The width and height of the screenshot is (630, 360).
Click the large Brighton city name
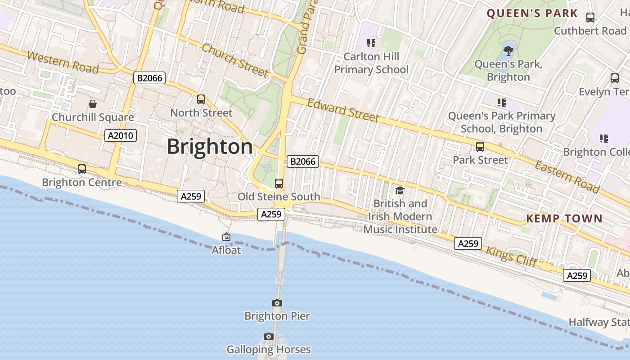[210, 147]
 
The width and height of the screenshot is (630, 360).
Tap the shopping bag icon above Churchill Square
[93, 104]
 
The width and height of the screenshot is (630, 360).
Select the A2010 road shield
[121, 135]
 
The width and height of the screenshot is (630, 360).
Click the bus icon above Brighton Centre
[82, 169]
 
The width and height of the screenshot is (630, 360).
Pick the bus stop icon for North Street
[201, 99]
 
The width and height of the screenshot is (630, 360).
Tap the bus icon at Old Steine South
[279, 184]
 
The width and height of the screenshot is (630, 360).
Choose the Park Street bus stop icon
[480, 147]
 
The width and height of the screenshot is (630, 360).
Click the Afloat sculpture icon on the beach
[226, 237]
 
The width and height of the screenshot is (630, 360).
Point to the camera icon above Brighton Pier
[277, 303]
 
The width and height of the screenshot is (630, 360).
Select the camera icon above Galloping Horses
[269, 337]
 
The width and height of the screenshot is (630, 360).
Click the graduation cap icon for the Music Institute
[400, 191]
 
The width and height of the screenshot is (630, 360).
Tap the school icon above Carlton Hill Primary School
[371, 43]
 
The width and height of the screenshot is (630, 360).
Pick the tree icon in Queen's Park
[508, 50]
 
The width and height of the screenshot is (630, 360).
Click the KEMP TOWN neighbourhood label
[564, 219]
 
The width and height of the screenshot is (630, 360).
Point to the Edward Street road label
[343, 110]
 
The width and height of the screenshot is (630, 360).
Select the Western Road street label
[63, 62]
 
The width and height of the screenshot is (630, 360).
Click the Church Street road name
[235, 60]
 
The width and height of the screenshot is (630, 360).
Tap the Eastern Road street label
[567, 176]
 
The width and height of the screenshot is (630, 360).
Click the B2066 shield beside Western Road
[150, 78]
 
